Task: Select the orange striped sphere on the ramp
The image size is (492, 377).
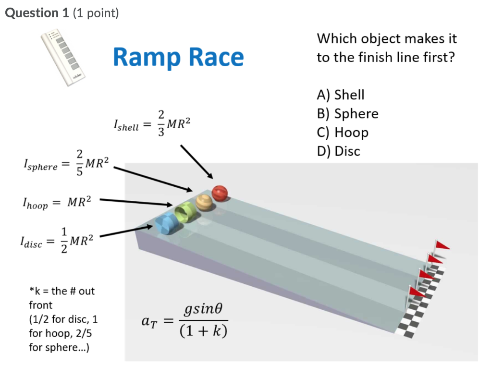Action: (204, 202)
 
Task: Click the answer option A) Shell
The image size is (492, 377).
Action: (341, 95)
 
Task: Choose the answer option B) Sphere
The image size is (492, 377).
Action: (347, 113)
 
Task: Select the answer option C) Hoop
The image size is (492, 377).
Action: (343, 132)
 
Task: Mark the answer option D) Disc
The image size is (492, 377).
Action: (339, 151)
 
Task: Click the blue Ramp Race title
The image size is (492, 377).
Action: (178, 57)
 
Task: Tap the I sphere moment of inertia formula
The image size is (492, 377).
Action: (66, 163)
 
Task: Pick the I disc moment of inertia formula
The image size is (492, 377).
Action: (61, 240)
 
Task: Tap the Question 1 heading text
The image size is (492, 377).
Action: (61, 13)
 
